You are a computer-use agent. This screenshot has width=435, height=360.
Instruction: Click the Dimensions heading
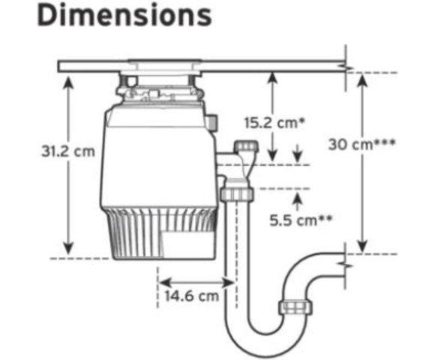[x=124, y=15]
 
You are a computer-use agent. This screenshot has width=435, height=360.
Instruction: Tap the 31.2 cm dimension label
[x=68, y=151]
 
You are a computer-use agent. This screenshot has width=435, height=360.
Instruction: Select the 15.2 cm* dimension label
[x=274, y=122]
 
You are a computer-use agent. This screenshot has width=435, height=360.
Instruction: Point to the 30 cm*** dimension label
[x=361, y=144]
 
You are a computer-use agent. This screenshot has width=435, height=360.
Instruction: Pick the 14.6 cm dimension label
[x=192, y=296]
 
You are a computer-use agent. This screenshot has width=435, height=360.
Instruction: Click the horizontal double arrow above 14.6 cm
[x=196, y=283]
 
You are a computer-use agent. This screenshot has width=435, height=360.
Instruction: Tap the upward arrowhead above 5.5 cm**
[x=298, y=197]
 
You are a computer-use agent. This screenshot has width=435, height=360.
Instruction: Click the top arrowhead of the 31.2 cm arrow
[x=68, y=82]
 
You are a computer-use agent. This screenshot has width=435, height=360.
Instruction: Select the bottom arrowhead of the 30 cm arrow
[x=362, y=247]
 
